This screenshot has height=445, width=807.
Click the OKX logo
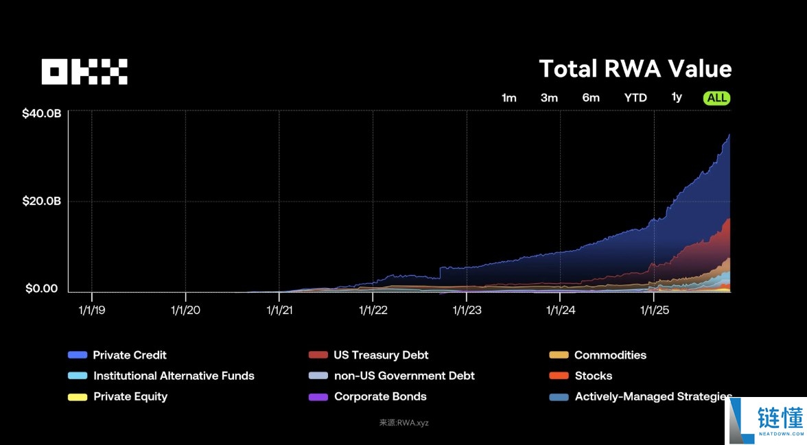(84, 71)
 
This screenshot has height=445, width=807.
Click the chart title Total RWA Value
(635, 69)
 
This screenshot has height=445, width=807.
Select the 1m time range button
(508, 98)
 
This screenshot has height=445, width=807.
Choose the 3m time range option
(549, 98)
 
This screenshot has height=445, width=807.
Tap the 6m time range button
(591, 98)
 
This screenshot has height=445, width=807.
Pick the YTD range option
(635, 98)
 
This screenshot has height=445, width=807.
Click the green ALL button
(716, 98)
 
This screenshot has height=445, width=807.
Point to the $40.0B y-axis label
(41, 113)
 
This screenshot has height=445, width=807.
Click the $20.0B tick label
(41, 201)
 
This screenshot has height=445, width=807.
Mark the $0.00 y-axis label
(42, 289)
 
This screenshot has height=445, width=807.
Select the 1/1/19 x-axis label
(92, 310)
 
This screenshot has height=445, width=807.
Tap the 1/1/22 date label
(373, 310)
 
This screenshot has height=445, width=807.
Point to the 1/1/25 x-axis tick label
(654, 310)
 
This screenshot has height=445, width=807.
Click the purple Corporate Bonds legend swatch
(318, 397)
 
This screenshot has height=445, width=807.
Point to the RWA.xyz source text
(404, 423)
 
